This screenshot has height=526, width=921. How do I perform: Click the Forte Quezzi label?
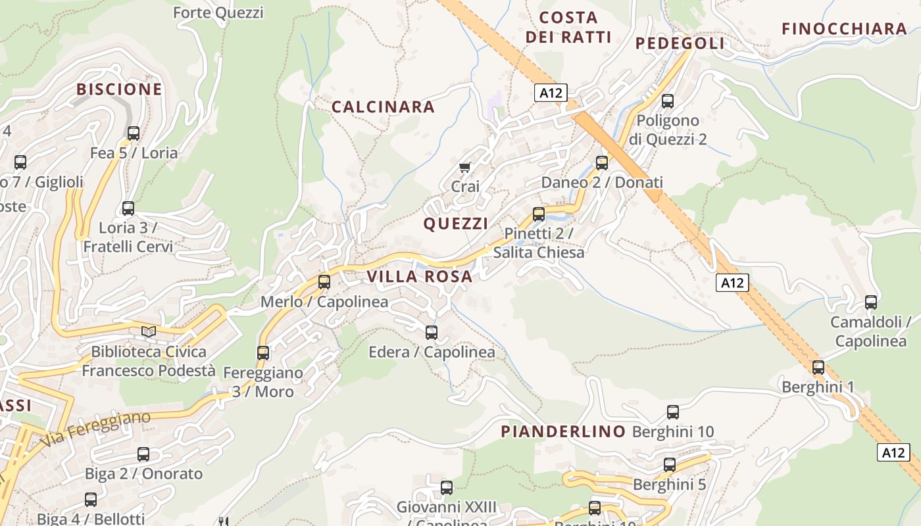click(218, 12)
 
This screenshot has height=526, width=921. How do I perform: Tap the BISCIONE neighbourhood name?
click(119, 89)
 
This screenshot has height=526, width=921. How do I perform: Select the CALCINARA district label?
click(383, 107)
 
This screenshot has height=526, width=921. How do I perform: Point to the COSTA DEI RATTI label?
click(568, 27)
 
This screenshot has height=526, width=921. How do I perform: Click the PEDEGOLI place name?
click(680, 43)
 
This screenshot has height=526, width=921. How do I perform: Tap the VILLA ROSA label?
click(420, 277)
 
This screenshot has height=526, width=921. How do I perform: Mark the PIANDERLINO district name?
click(563, 431)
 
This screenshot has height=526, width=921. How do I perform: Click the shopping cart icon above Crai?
click(465, 168)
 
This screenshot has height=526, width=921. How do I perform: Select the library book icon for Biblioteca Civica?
click(149, 332)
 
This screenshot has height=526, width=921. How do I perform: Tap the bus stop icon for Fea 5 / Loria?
click(134, 133)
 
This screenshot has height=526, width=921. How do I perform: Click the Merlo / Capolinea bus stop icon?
click(324, 282)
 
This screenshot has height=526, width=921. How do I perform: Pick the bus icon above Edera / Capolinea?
click(432, 333)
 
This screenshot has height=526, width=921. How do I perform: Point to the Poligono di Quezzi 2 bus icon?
click(668, 101)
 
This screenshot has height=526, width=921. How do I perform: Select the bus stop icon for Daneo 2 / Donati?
click(602, 163)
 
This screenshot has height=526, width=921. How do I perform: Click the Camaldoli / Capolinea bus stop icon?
click(871, 302)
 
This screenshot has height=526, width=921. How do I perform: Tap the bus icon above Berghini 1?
click(818, 368)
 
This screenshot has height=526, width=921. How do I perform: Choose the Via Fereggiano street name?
click(96, 430)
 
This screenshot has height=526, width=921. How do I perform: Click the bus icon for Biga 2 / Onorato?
click(143, 454)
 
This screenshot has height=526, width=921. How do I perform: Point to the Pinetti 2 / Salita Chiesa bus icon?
click(539, 214)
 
